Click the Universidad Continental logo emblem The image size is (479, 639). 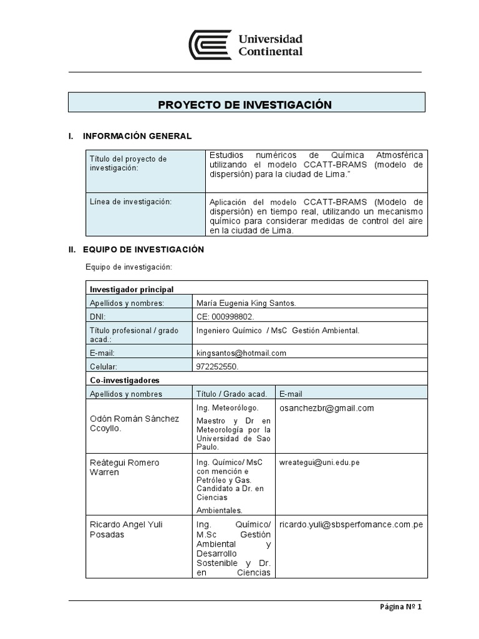210,46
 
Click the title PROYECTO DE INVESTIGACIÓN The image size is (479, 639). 244,104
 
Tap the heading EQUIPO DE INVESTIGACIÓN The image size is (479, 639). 145,249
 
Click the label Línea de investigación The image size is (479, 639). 130,202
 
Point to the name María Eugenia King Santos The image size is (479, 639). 246,303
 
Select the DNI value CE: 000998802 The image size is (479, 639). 225,316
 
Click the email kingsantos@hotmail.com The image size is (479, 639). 241,353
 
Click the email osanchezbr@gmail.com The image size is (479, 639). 327,408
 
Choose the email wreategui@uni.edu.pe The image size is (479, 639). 319,462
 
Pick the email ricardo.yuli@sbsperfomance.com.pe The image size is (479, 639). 351,524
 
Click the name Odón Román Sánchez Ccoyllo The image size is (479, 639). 135,424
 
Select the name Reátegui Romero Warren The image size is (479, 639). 125,467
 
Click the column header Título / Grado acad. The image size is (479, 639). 231,394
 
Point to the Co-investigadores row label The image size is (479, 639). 125,380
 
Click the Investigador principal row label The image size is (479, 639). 132,290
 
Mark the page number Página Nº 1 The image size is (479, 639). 400,607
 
